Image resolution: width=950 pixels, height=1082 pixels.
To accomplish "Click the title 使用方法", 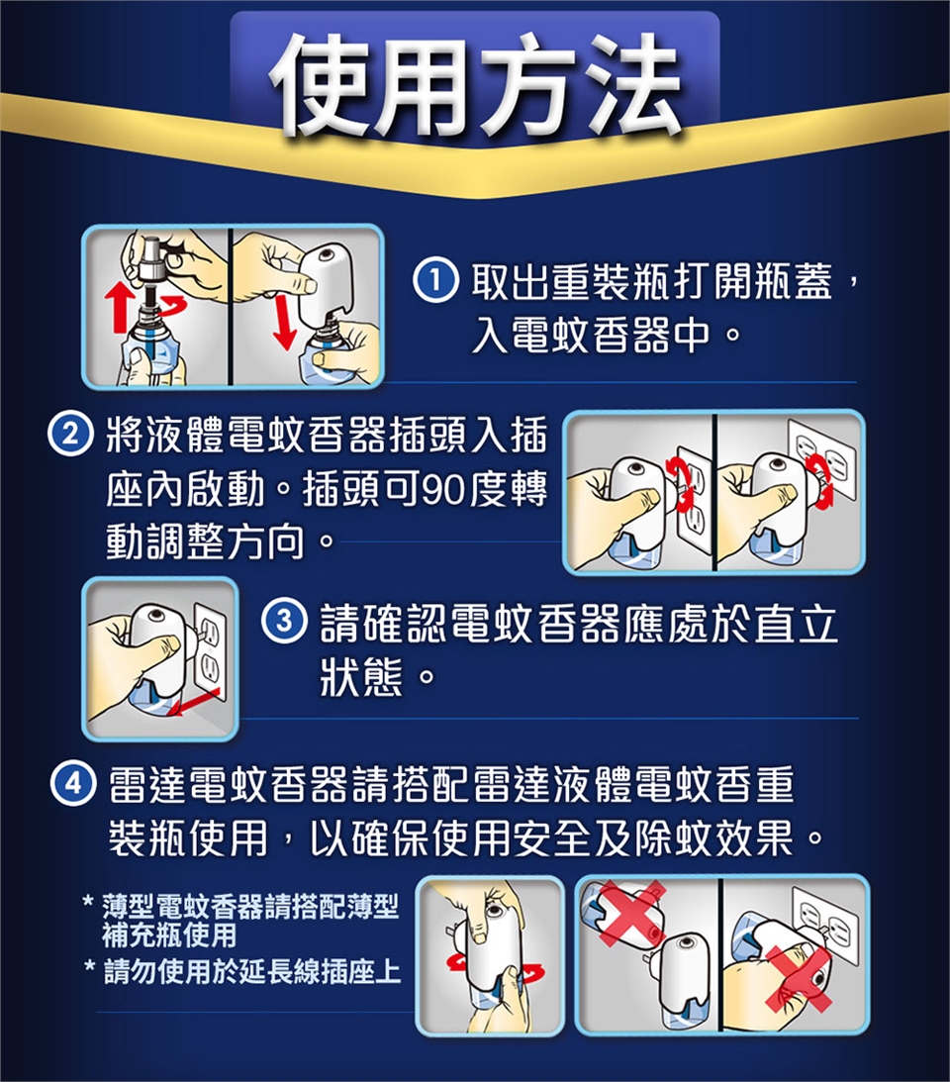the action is click(475, 83).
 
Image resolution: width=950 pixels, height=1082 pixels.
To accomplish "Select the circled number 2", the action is click(69, 434).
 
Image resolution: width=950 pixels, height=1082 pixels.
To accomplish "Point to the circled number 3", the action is click(284, 621).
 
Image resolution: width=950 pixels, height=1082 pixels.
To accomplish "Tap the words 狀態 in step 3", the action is click(361, 675).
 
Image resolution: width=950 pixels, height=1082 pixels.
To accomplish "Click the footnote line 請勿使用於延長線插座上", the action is click(251, 971).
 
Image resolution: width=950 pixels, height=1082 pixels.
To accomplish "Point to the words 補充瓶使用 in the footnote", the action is click(170, 935).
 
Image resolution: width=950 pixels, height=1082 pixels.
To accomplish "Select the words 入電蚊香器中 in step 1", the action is click(591, 336).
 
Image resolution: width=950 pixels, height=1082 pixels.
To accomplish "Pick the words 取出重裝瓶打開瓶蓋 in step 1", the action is click(652, 281).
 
